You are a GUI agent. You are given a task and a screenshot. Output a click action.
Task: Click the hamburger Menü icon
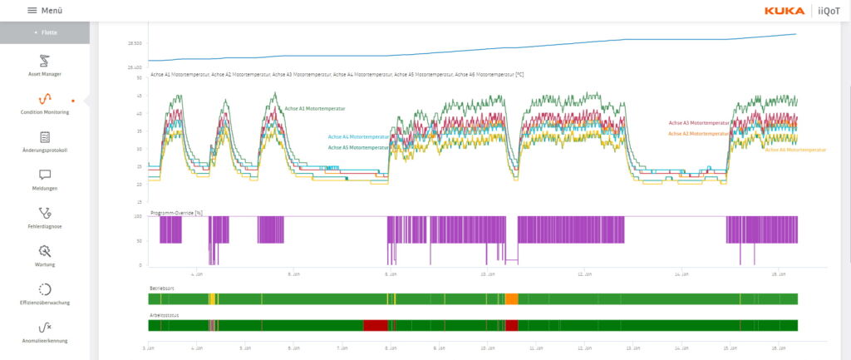[x=32, y=10]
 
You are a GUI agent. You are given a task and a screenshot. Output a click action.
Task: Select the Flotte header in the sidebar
[x=45, y=32]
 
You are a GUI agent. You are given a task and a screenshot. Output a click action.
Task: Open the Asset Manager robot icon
[x=45, y=61]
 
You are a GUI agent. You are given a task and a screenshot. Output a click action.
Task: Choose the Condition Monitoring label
[x=45, y=112]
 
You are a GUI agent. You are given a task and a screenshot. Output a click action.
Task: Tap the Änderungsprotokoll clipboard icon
[x=45, y=137]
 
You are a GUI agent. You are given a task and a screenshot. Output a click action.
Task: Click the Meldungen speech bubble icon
[x=45, y=175]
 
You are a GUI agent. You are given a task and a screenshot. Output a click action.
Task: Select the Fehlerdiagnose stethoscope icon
[x=45, y=213]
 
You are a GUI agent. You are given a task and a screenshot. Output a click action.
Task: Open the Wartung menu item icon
[x=45, y=251]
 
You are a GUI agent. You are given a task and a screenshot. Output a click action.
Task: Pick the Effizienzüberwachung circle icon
[x=45, y=289]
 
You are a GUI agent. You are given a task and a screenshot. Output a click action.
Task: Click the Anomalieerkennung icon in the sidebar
[x=45, y=328]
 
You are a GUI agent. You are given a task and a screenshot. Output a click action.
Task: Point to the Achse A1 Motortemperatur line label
[x=315, y=109]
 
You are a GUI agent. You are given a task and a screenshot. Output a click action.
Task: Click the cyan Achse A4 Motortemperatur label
[x=358, y=136]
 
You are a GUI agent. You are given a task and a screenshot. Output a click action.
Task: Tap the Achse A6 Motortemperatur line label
[x=795, y=150]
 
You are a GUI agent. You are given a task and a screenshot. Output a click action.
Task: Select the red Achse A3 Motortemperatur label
[x=698, y=123]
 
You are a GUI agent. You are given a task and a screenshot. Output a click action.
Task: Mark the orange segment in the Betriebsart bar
[x=512, y=298]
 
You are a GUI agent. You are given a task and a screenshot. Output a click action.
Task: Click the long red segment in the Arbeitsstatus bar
[x=376, y=325]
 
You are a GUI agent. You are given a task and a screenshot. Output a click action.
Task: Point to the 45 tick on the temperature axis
[x=139, y=96]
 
